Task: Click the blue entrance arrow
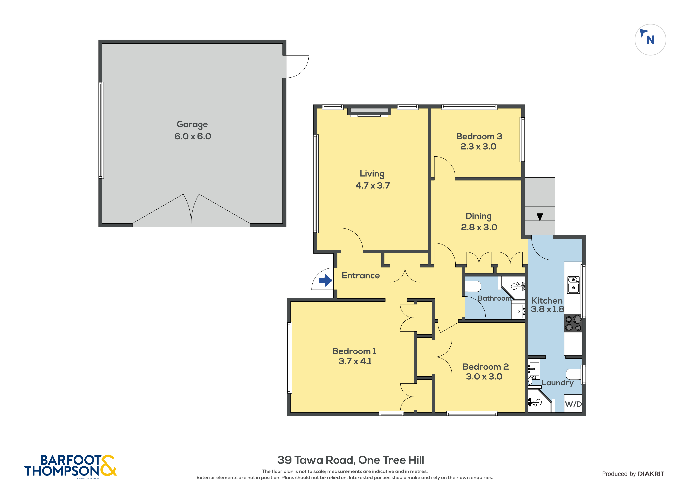[x=325, y=281]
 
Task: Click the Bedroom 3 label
[x=479, y=136]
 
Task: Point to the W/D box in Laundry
[x=573, y=404]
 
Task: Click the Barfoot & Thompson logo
[x=70, y=466]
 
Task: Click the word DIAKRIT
[x=651, y=474]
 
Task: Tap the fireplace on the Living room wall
[x=369, y=112]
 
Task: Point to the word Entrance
[x=361, y=275]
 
